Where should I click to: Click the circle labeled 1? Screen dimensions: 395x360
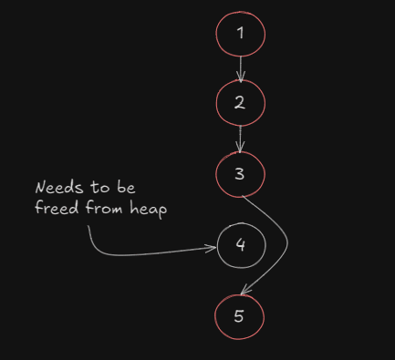point(240,35)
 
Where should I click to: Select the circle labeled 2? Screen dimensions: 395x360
point(240,102)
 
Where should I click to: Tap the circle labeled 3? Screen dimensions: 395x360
point(240,173)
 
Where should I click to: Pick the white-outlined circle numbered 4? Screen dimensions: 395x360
point(241,245)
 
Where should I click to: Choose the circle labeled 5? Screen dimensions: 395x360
point(240,316)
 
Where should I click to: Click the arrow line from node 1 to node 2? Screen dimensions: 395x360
point(241,69)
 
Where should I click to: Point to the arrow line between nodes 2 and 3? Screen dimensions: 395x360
point(240,139)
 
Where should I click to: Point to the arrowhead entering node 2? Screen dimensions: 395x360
point(241,77)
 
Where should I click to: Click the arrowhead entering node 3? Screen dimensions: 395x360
point(240,148)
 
